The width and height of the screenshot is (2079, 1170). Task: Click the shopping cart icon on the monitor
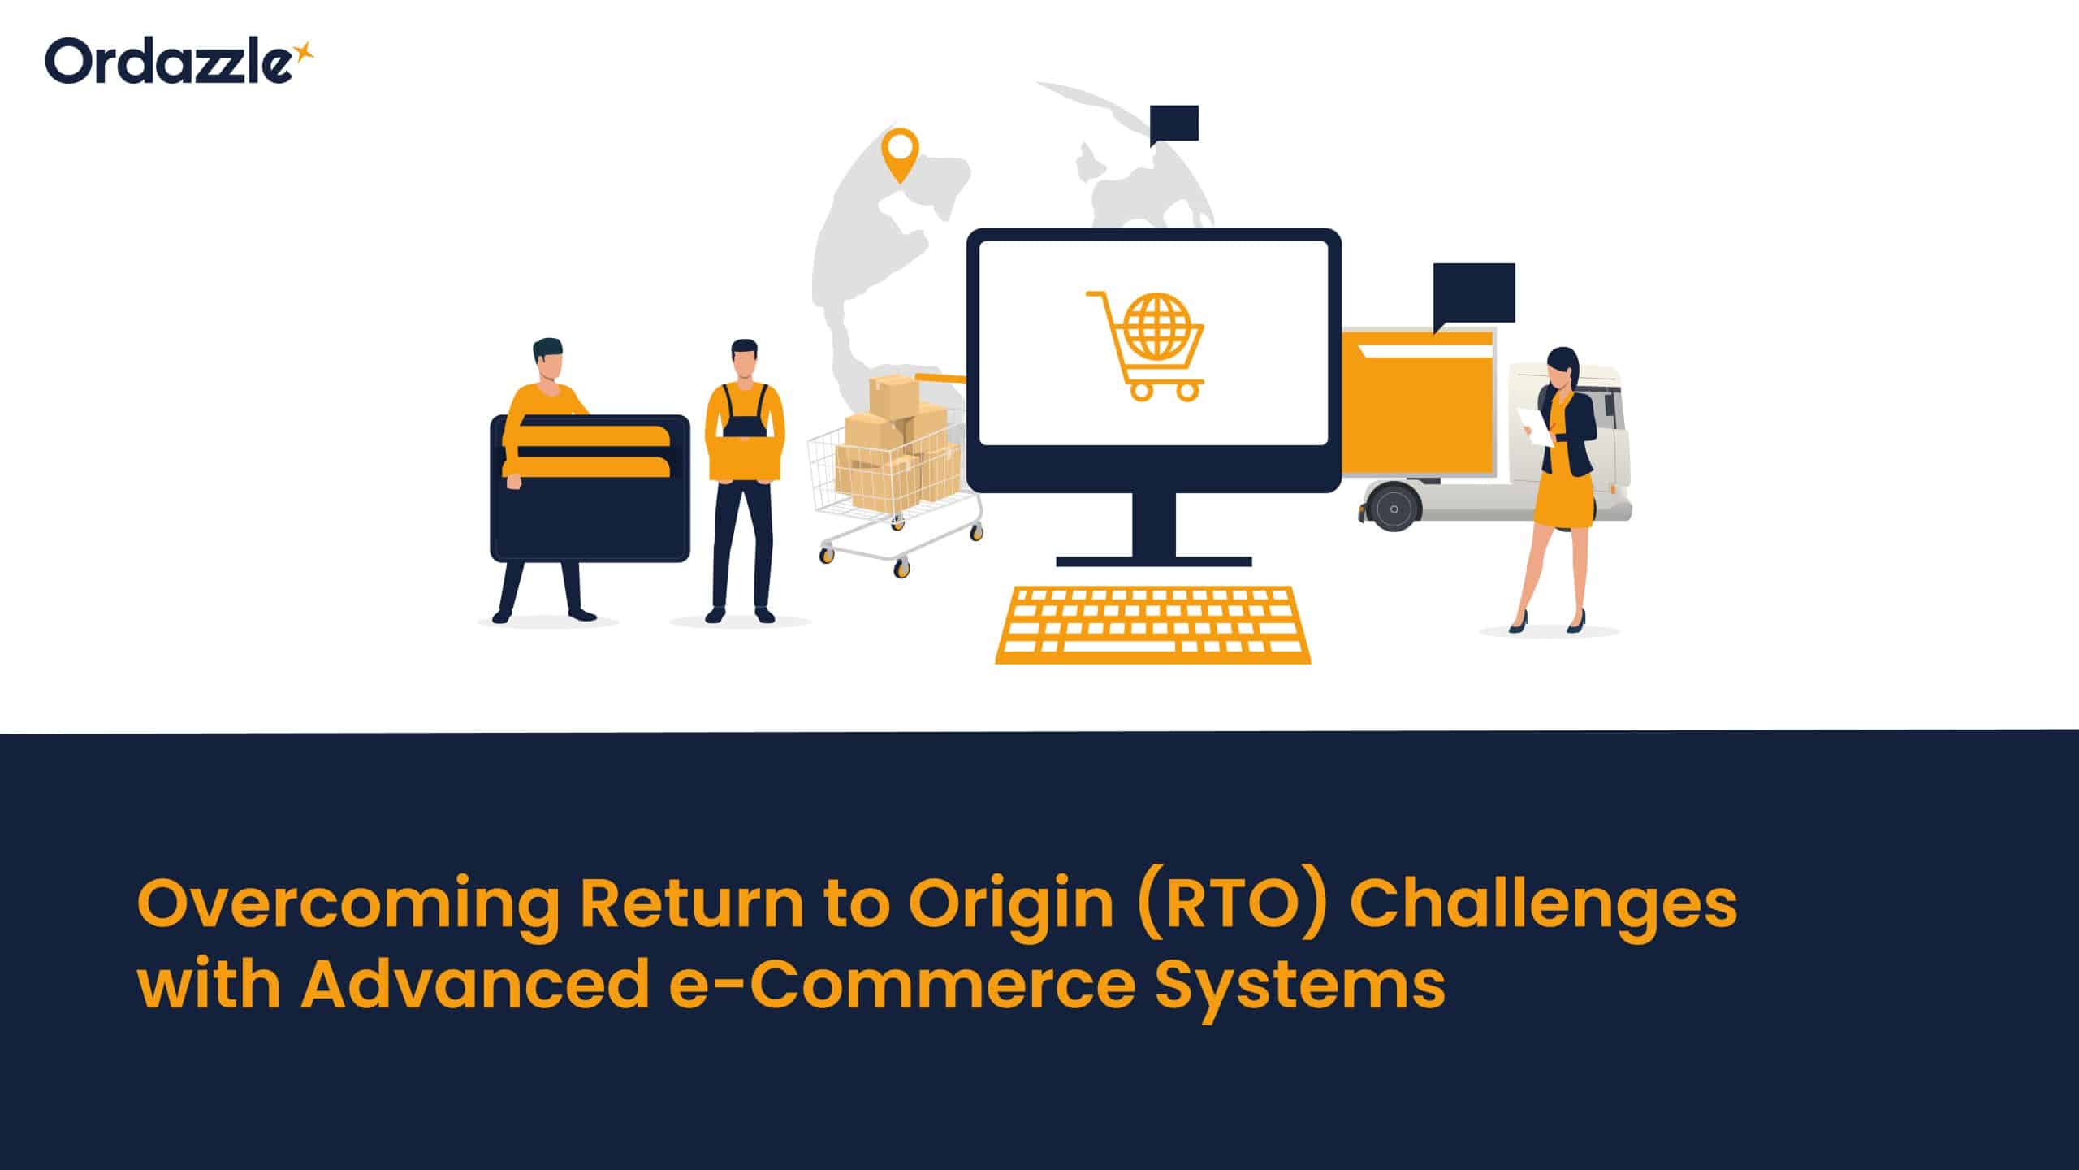coord(1145,345)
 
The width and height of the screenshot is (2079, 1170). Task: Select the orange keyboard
coord(1153,624)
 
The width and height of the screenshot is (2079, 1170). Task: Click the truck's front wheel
coord(1393,508)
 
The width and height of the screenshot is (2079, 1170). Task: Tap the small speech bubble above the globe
coord(1175,123)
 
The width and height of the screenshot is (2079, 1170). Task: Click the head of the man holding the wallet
coord(547,359)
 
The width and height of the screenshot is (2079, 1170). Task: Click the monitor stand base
coord(1153,561)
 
